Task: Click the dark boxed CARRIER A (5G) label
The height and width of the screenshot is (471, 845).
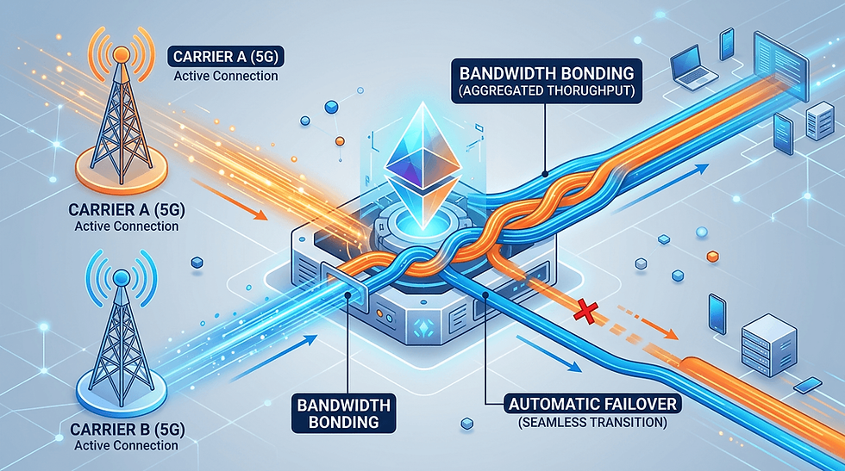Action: point(226,59)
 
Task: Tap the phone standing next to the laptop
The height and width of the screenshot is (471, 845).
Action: point(726,44)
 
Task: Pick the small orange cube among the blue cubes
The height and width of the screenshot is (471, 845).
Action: point(711,256)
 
